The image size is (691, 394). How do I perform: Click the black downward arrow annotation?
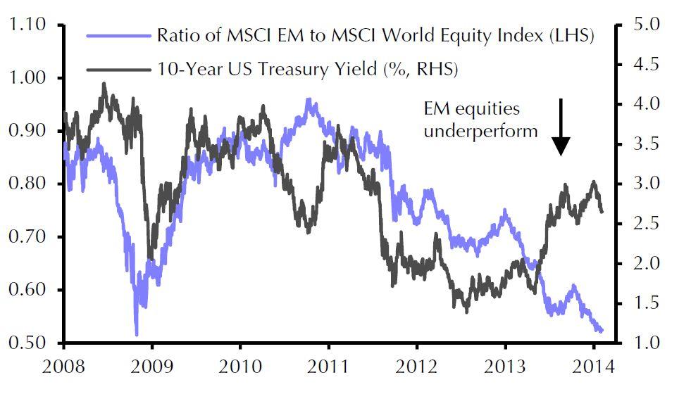click(561, 127)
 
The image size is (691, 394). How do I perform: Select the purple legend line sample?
click(118, 37)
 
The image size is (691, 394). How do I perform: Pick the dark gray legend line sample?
click(118, 69)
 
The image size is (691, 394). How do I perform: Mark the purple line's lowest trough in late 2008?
click(136, 335)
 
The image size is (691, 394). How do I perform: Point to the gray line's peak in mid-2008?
click(104, 84)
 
